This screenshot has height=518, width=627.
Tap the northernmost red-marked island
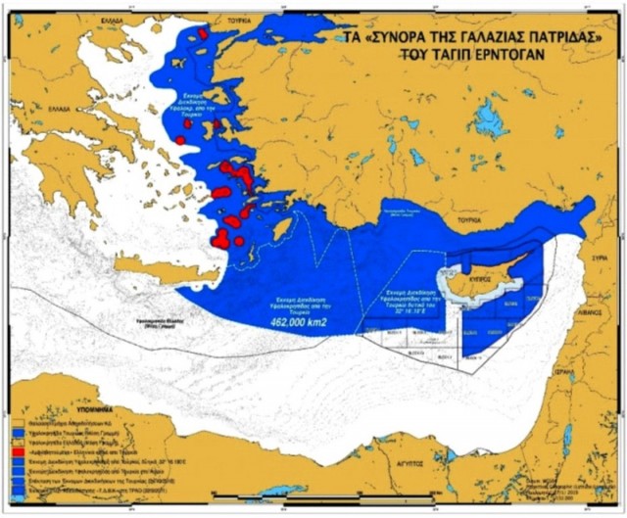point(203,33)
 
